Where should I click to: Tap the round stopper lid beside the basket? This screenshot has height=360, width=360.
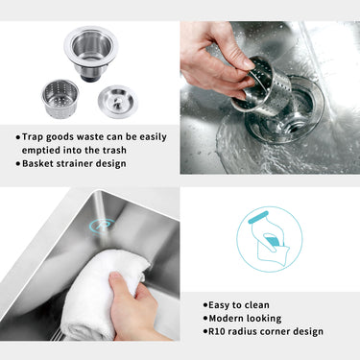[117, 100]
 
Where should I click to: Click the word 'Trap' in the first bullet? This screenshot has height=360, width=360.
[35, 136]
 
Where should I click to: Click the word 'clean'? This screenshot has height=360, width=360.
[262, 304]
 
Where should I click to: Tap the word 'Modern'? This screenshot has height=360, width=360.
[228, 318]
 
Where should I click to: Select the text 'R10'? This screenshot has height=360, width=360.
[217, 331]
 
